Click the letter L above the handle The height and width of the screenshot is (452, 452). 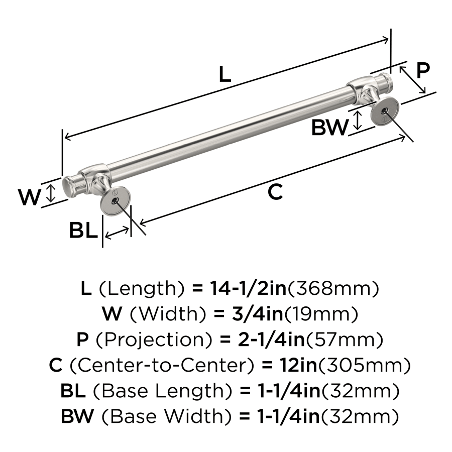[225, 74]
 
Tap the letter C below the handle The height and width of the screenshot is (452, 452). [275, 192]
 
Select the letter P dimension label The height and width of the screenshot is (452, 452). [423, 70]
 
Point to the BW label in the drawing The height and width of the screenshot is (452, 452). [329, 129]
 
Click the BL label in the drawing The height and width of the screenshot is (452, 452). [83, 231]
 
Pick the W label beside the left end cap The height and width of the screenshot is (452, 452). [29, 197]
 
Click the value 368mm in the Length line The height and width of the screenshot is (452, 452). [332, 289]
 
